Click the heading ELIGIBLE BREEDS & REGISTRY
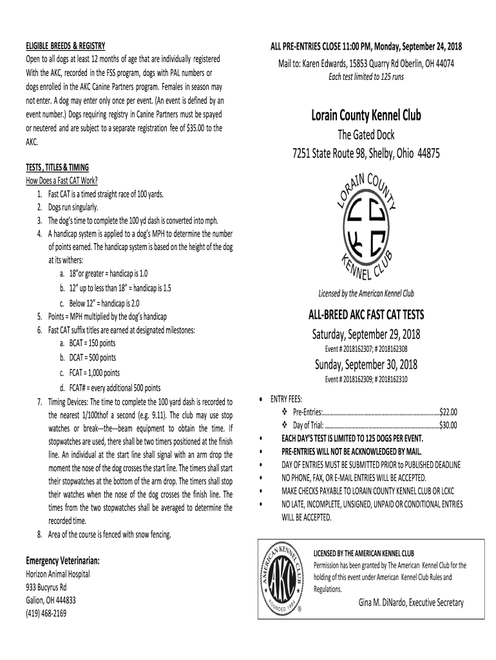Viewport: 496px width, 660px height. tap(64, 46)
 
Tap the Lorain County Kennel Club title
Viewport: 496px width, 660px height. tap(366, 116)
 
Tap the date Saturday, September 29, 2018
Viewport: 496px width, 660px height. tap(366, 335)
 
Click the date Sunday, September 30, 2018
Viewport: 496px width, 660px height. tap(366, 365)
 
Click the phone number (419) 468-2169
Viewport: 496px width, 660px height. tap(46, 613)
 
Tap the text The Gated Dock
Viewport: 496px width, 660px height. tap(366, 135)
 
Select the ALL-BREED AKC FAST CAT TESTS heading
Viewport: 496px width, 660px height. tap(366, 316)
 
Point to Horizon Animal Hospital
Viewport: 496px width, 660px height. tap(58, 574)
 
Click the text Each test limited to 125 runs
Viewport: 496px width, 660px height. tap(366, 77)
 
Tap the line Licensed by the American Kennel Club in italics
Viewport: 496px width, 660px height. tap(366, 294)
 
